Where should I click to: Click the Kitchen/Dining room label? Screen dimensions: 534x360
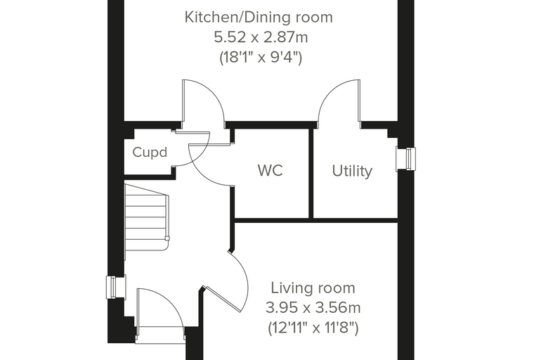pos(259,18)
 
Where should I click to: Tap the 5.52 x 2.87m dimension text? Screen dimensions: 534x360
pos(261,37)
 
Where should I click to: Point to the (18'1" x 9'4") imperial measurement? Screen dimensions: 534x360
pos(261,57)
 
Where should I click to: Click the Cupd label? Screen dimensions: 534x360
pos(150,153)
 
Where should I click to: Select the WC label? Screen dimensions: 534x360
pos(271,170)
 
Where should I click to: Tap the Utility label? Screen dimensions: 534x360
pos(352,171)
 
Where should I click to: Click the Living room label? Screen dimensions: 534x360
pos(313,288)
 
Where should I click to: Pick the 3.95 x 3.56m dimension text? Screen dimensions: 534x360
pos(313,308)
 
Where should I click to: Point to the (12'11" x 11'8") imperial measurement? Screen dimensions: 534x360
pos(313,328)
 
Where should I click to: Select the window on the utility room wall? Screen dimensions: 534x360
pos(406,159)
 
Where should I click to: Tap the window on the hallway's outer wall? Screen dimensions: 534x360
pos(116,287)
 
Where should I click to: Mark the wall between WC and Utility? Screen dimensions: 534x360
pos(311,173)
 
